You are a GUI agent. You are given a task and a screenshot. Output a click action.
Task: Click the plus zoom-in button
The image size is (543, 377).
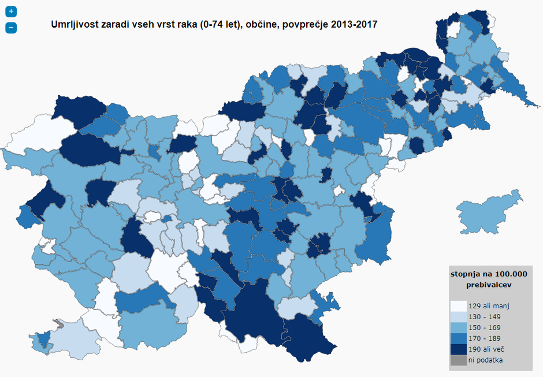click(11, 12)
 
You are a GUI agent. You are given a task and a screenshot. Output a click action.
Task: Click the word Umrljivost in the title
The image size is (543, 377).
click(74, 25)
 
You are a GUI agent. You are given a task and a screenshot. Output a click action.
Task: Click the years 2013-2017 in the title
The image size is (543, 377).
click(354, 25)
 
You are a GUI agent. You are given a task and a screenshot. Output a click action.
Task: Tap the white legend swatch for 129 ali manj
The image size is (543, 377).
click(458, 306)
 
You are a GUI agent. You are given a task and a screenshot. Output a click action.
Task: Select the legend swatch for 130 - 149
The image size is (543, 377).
click(458, 317)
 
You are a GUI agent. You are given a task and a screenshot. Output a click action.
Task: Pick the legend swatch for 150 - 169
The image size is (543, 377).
click(458, 327)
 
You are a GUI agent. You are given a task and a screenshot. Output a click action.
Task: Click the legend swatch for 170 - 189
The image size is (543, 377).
click(458, 338)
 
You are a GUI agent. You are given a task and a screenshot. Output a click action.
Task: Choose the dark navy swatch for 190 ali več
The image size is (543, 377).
click(458, 349)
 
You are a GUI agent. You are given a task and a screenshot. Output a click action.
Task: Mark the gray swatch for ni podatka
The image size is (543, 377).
click(458, 360)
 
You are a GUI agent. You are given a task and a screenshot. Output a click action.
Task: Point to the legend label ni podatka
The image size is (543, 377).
click(485, 360)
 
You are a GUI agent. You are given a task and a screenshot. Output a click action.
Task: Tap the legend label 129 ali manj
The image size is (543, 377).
click(489, 306)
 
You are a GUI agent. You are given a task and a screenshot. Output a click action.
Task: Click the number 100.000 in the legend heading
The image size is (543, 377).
click(507, 274)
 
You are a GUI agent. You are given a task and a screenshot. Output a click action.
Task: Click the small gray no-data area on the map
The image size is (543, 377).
click(57, 324)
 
